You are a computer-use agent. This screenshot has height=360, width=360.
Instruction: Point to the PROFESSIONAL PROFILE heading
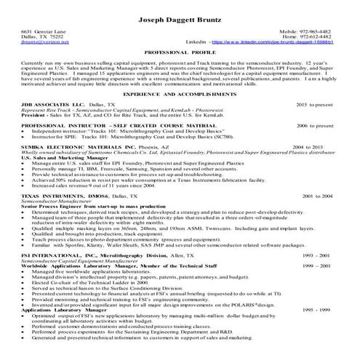(180, 55)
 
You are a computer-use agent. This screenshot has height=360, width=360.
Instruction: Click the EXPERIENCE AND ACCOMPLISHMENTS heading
(180, 95)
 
